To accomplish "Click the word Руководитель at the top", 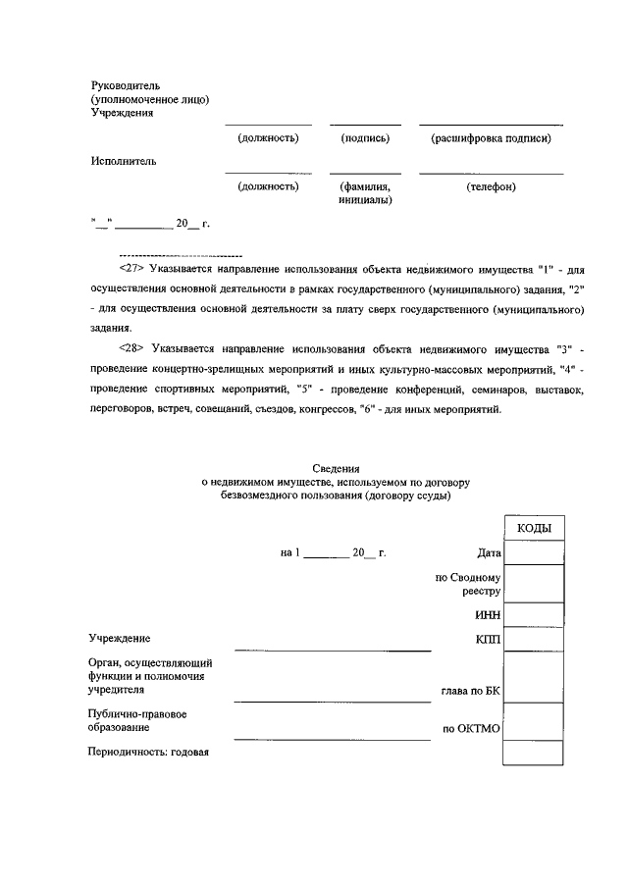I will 131,85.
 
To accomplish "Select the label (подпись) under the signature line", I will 365,138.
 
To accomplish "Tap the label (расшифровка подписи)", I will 491,138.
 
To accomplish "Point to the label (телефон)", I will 491,186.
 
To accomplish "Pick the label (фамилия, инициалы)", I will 365,193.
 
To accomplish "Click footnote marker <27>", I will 131,268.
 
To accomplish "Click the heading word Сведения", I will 337,468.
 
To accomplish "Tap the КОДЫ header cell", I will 534,528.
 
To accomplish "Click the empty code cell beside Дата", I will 534,553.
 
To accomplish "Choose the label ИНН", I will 488,615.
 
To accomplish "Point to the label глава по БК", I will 471,692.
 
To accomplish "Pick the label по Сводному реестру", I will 468,585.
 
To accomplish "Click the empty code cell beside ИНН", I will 534,615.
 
